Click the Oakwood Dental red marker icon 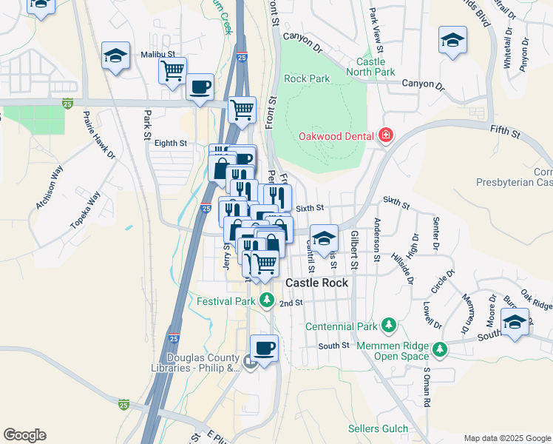385,135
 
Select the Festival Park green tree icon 267,301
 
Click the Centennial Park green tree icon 389,326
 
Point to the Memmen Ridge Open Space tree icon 440,348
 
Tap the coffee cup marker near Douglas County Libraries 264,347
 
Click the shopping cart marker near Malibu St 172,71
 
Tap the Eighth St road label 171,144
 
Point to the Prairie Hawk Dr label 100,135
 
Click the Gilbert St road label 354,250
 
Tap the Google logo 24,435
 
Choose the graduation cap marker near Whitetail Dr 452,40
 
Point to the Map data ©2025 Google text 506,438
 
